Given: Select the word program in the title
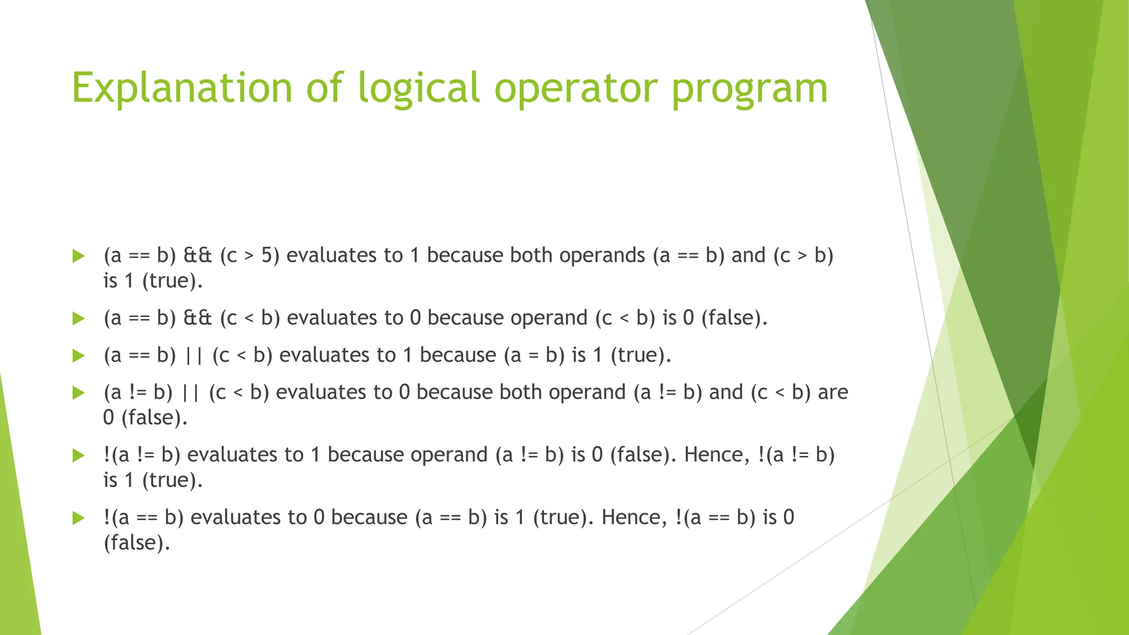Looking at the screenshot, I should (x=750, y=88).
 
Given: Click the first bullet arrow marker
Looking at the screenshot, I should (x=78, y=256).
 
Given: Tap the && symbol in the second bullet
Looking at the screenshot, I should (x=197, y=318).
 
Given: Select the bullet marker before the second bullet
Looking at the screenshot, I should (x=78, y=318).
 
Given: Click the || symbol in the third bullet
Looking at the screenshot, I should (x=194, y=355).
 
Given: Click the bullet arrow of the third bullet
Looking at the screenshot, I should (x=78, y=356).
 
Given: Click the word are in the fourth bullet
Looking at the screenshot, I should (x=833, y=392).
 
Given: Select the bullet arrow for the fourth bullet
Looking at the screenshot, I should (x=78, y=392).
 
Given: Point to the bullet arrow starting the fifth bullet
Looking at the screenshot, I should (x=78, y=455).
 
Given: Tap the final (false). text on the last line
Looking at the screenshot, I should (x=137, y=542).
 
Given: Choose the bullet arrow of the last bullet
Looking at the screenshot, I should (x=78, y=518).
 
